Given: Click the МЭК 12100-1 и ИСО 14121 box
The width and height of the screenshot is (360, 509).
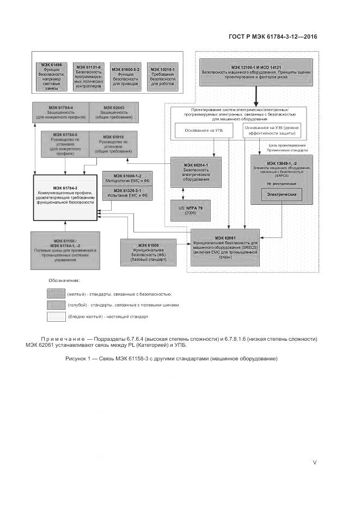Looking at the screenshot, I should click(x=256, y=72).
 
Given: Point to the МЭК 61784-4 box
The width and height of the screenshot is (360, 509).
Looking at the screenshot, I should click(x=60, y=112).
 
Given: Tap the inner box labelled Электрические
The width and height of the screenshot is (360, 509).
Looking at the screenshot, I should click(x=281, y=194).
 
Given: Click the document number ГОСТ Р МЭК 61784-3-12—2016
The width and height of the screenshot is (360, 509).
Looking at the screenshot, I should click(x=270, y=37).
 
